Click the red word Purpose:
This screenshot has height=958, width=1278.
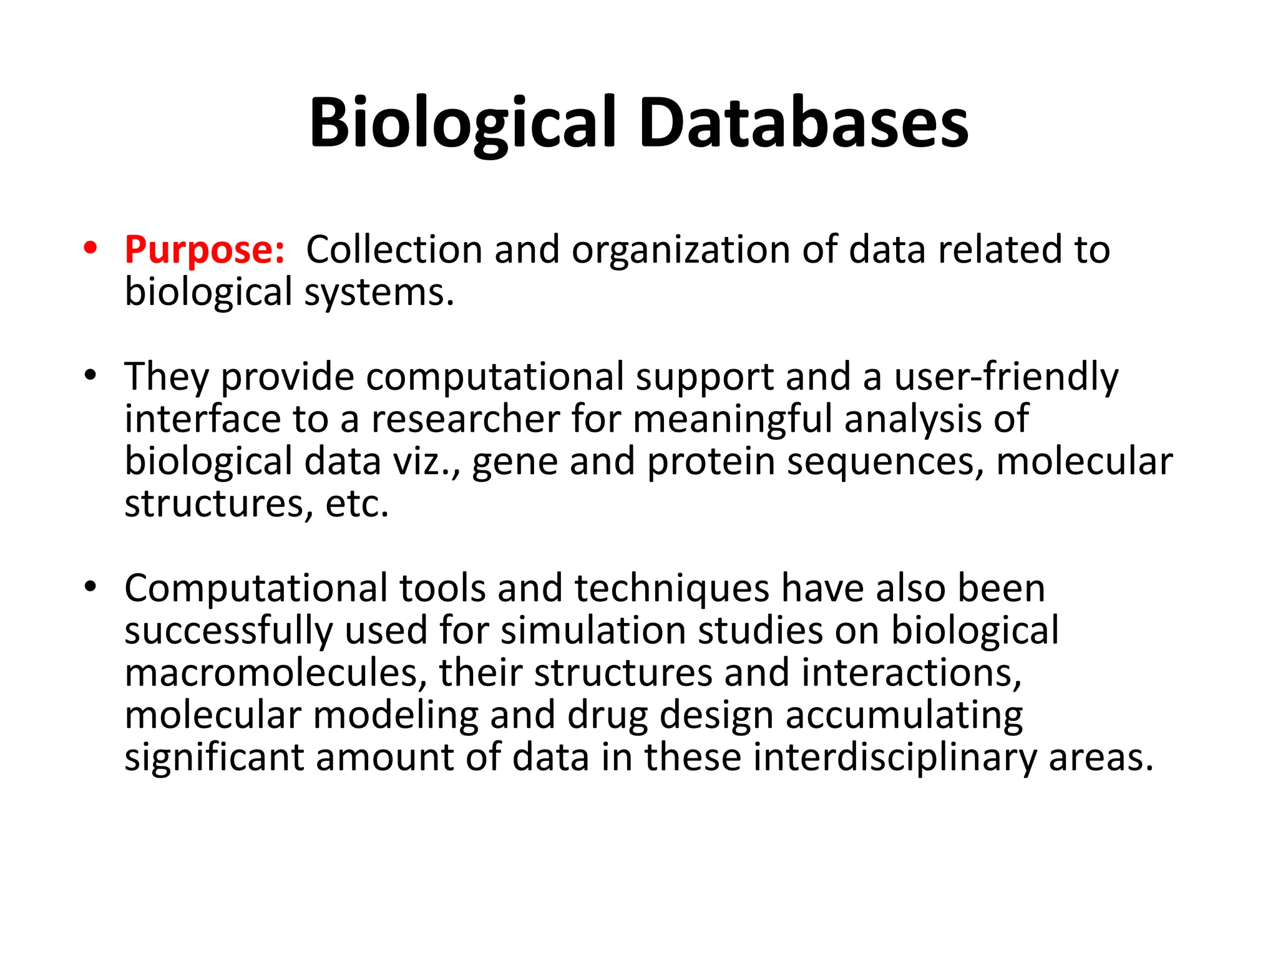[x=205, y=251]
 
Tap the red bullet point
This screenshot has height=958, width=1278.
[x=90, y=248]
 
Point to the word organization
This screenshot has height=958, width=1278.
[x=681, y=251]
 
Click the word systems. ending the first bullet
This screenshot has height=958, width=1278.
[x=379, y=293]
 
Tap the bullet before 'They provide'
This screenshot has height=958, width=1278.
[x=90, y=375]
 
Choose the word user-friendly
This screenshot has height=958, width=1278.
[x=1006, y=378]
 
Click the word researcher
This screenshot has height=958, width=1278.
[x=466, y=419]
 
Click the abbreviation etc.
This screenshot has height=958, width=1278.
[x=357, y=504]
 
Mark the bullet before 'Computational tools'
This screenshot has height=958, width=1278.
[x=90, y=587]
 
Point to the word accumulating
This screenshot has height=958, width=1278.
[x=904, y=716]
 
